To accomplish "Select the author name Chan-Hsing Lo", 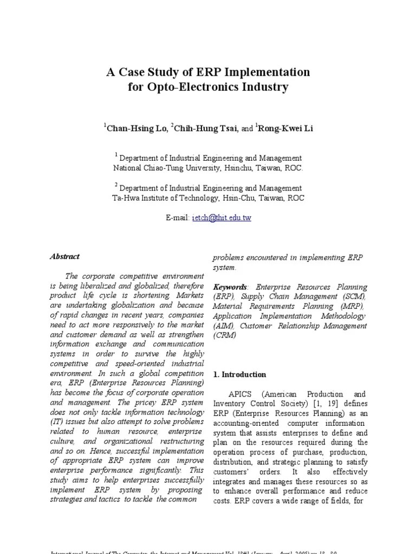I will (x=135, y=129).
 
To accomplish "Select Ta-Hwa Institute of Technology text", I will (x=163, y=198).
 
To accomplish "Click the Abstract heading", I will (x=65, y=256).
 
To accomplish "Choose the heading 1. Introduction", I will (x=239, y=374).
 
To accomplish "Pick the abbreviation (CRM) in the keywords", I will (x=225, y=335).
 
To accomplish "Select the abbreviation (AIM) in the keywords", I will (x=223, y=326).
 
